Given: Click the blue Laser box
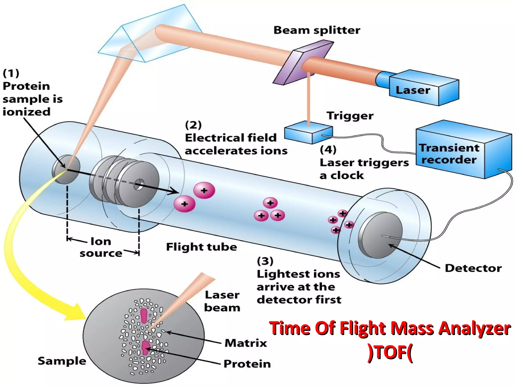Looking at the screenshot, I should coord(424,88).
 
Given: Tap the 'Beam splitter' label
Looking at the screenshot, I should coord(317,30).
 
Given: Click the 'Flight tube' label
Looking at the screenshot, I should coord(201,247).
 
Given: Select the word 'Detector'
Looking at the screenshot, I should coord(473,268).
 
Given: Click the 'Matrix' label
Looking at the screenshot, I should coord(246,343).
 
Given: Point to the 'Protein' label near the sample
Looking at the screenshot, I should coord(247,364).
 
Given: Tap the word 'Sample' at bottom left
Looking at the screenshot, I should coord(62,361).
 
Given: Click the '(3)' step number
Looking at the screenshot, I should coord(265,261).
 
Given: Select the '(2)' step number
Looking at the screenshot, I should coord(193,125).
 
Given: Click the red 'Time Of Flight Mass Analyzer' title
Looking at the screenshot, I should coord(390,328).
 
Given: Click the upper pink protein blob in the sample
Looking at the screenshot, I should coord(144,316).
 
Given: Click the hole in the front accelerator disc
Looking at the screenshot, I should coord(139,184).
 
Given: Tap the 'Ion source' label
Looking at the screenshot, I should coord(101,247).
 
